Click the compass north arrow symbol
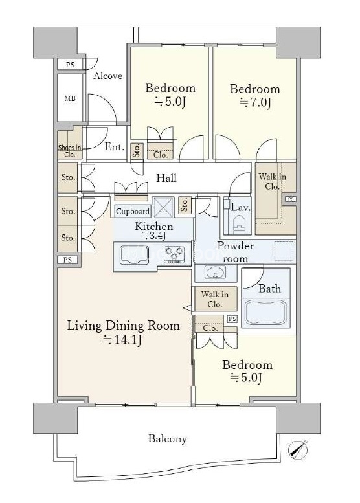coord(297,449)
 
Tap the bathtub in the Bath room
coord(265,313)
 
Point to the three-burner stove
coord(174,254)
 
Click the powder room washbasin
coord(216,273)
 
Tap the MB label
coord(70,98)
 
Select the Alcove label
coord(108,76)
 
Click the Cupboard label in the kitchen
coord(133,212)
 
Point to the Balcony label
coord(168,438)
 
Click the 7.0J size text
coord(256,103)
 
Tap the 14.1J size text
coord(122,340)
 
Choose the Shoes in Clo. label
coord(70,151)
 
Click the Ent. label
coord(115,147)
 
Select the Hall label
coord(166,178)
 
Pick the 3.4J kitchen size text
coord(153,236)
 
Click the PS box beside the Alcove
coord(70,65)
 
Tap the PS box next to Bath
coord(232,319)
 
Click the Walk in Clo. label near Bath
coord(215,299)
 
